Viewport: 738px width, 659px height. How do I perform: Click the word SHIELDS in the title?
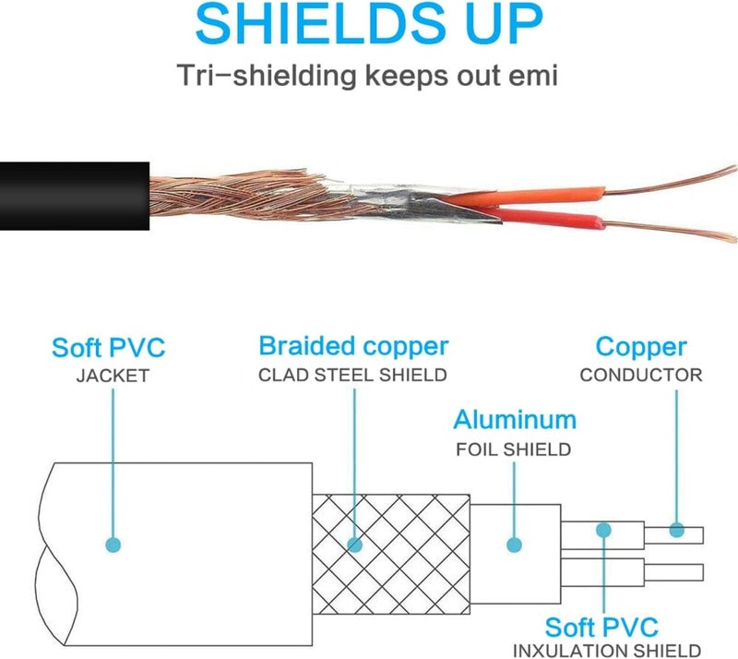click(320, 23)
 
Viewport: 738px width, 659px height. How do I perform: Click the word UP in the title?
click(506, 23)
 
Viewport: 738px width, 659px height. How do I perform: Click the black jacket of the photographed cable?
click(75, 196)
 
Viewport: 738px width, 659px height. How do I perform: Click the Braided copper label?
click(353, 347)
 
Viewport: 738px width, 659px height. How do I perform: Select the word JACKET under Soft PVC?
click(113, 376)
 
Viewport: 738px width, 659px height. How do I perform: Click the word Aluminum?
click(515, 419)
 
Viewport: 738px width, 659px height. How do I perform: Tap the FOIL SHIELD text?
click(514, 449)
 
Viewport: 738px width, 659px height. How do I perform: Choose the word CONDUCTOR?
click(641, 375)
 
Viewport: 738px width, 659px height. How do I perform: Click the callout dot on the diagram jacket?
click(113, 545)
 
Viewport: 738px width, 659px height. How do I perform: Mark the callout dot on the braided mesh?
click(354, 545)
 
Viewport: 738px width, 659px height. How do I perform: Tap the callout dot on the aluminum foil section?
click(514, 545)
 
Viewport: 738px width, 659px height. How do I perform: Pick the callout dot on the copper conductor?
click(677, 530)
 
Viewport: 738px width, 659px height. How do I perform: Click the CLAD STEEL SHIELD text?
click(352, 375)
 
